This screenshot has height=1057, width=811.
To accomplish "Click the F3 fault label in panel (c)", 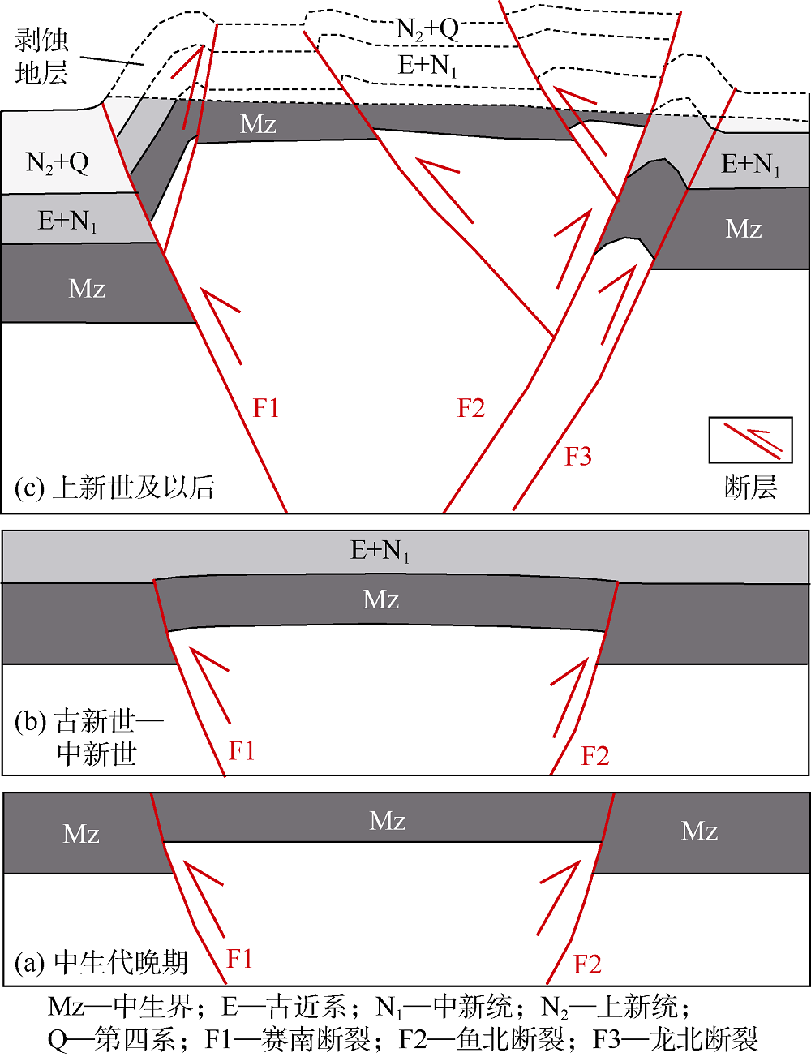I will (x=578, y=457).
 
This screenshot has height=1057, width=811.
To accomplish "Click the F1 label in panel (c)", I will (x=266, y=407).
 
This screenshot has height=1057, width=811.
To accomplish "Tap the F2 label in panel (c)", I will (x=470, y=407).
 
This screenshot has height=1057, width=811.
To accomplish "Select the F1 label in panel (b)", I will (x=242, y=750).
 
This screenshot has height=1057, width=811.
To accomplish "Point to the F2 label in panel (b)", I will (x=594, y=756).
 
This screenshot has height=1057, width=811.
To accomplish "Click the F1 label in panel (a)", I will (x=239, y=959).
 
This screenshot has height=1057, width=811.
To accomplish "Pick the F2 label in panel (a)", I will (x=587, y=965).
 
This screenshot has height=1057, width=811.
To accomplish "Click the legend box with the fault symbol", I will (x=750, y=440).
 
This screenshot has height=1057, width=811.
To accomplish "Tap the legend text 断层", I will (x=750, y=487).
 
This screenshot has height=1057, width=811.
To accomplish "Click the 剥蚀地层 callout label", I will (x=41, y=57).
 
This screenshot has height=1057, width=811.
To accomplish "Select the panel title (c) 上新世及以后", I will (x=114, y=487).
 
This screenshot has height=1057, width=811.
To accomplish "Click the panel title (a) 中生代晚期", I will (x=101, y=963).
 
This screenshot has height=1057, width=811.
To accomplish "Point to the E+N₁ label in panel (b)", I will (x=380, y=551).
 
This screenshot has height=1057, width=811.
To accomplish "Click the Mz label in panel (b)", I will (x=380, y=599).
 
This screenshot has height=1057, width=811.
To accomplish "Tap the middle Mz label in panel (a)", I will (x=387, y=821).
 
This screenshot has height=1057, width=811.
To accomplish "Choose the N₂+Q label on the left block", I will (x=58, y=163).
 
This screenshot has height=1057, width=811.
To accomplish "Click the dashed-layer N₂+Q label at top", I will (x=427, y=30).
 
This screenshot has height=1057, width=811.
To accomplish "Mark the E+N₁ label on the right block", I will (x=751, y=165).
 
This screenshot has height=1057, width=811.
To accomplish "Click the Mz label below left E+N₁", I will (x=87, y=288).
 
